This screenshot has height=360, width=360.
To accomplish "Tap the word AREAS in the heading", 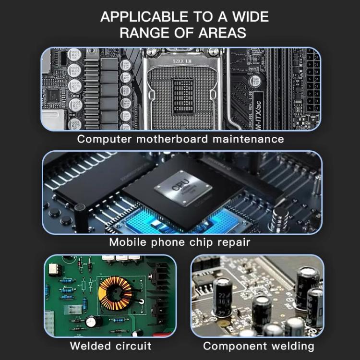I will click(225, 33).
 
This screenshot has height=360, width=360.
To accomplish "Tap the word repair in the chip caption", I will click(234, 242).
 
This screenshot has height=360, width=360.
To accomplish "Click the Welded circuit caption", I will click(110, 346).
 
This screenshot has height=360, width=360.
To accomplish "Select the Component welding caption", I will click(258, 346).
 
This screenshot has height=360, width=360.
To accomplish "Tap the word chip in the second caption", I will click(194, 242).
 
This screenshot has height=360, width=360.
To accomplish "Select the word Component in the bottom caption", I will click(234, 346).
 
